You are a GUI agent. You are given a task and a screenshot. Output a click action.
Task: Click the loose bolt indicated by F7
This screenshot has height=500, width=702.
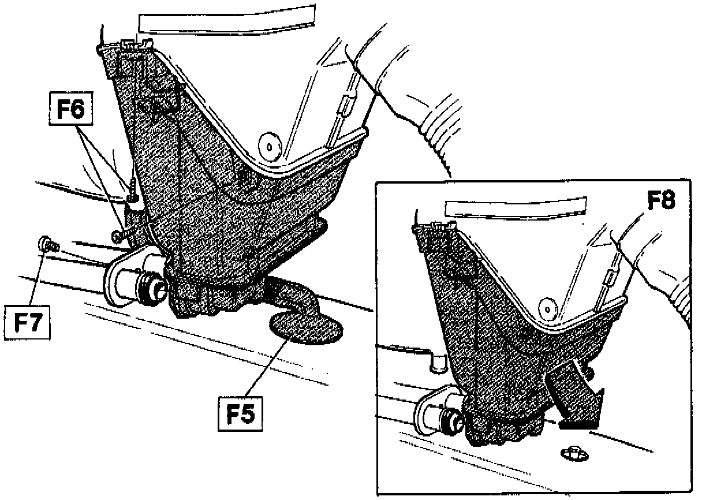[46, 244]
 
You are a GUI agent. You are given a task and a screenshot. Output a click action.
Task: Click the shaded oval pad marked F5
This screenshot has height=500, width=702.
[304, 327]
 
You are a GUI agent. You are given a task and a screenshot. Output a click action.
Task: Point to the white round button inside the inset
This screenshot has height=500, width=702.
[546, 307]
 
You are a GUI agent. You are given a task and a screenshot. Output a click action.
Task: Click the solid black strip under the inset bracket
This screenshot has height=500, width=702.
[577, 424]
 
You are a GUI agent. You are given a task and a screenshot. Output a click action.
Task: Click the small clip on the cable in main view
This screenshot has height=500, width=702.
[344, 105]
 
